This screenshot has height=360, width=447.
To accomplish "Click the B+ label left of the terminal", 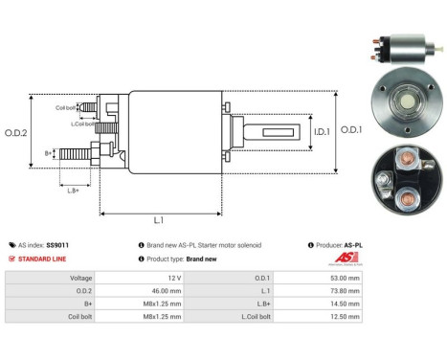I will (x=49, y=153).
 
